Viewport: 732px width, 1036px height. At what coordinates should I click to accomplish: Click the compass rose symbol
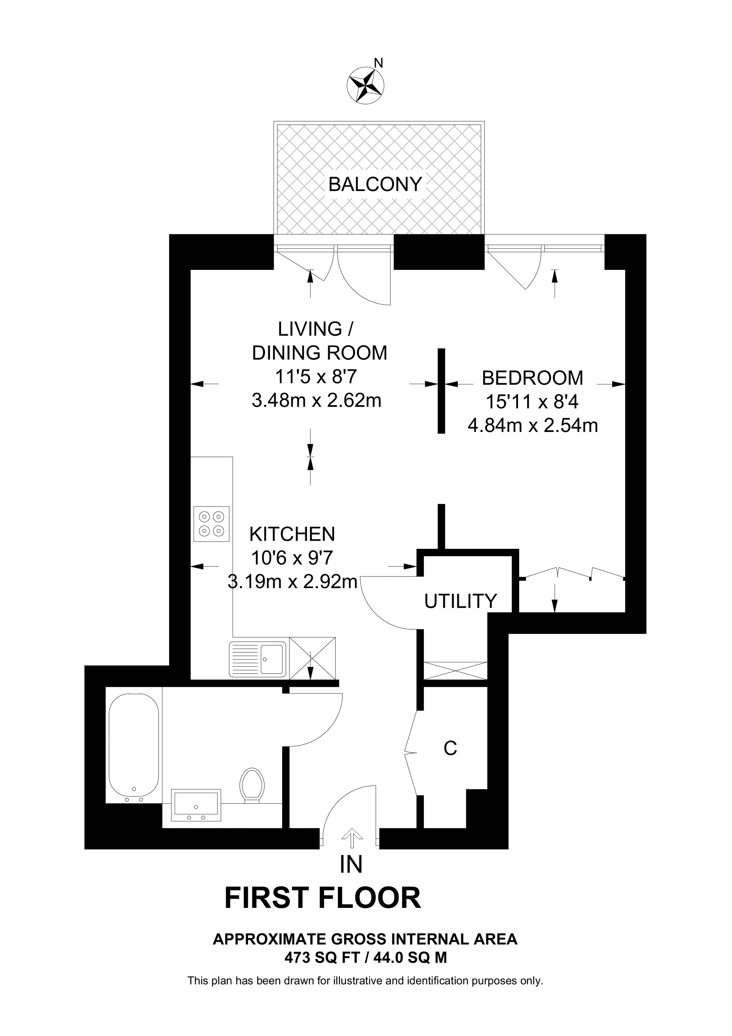click(365, 85)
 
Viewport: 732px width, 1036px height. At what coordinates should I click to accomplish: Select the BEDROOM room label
click(532, 378)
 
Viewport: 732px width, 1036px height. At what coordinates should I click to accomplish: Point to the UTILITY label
click(460, 601)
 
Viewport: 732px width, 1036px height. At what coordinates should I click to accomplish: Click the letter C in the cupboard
click(450, 748)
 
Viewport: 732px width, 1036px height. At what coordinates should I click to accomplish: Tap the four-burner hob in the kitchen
click(211, 523)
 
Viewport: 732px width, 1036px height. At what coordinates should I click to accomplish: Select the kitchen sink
click(258, 659)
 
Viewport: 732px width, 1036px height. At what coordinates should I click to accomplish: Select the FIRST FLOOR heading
click(322, 898)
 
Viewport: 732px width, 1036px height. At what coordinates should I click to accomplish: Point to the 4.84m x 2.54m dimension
click(532, 426)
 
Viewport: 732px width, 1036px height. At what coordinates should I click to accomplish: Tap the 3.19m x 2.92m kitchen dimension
click(292, 582)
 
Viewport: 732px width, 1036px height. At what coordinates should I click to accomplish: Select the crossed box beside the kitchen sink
click(312, 658)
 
